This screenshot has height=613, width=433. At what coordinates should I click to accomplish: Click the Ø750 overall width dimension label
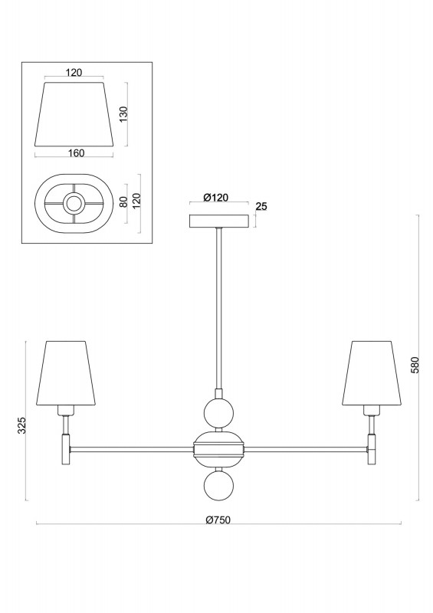(x=218, y=520)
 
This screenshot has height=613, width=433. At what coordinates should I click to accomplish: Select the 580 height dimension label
(x=415, y=365)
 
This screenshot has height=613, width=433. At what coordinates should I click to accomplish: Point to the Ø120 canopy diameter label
(x=216, y=197)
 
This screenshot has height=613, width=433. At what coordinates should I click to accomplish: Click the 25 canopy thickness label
(x=261, y=206)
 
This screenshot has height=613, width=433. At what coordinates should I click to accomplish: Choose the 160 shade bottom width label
(x=76, y=153)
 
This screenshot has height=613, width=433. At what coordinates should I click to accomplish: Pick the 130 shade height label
(x=123, y=113)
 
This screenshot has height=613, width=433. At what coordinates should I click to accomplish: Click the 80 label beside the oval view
(x=123, y=202)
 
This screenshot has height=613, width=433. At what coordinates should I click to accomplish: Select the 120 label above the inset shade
(x=74, y=72)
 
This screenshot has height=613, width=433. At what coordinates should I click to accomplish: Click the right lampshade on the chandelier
(x=372, y=373)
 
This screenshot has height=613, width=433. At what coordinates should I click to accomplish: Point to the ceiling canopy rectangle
(x=219, y=221)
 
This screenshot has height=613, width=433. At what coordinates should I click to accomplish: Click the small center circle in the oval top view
(x=74, y=203)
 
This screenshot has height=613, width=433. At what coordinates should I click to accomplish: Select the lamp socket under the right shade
(x=372, y=411)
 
